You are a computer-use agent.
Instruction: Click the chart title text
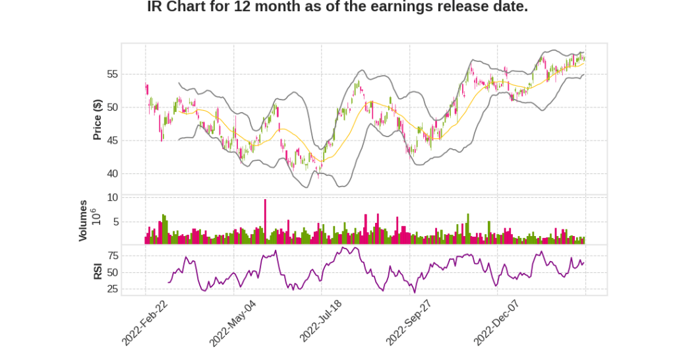(337, 7)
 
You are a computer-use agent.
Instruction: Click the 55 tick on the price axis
(112, 74)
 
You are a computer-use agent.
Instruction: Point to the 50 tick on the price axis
(112, 107)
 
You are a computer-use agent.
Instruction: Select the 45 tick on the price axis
(112, 140)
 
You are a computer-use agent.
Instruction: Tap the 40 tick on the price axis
(112, 174)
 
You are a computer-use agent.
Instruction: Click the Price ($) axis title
(97, 119)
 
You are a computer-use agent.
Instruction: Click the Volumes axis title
(83, 220)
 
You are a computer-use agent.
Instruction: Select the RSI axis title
(97, 271)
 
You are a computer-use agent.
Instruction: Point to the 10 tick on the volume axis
(112, 197)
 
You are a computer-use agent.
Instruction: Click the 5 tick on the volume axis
(115, 222)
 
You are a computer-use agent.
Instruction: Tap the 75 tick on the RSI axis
(112, 255)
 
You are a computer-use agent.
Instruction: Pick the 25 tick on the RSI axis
(112, 289)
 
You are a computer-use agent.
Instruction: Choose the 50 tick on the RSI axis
(112, 272)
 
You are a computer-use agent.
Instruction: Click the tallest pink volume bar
(265, 222)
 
